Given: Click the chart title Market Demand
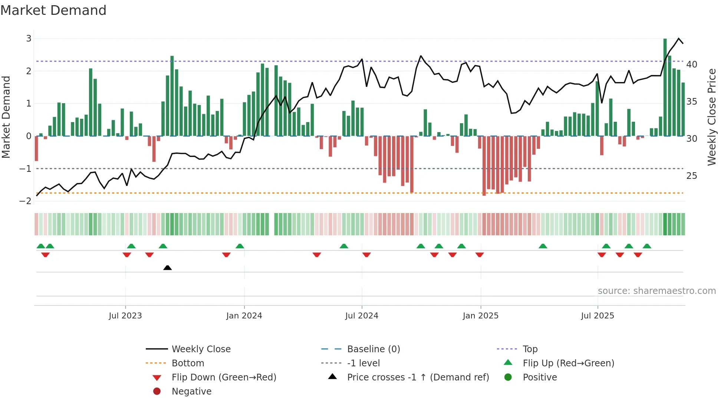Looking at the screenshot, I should click(x=53, y=10).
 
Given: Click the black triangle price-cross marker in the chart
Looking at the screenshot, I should click(x=167, y=268).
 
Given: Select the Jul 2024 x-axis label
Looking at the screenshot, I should click(x=361, y=316).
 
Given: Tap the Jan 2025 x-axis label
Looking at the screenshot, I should click(x=480, y=316).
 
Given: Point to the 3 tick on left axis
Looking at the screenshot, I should click(x=29, y=39).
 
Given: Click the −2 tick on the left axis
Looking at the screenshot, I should click(x=26, y=201).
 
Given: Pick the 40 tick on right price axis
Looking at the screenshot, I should click(x=691, y=65).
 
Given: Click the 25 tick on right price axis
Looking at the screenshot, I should click(x=691, y=176).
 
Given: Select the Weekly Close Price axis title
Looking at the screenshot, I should click(x=711, y=117).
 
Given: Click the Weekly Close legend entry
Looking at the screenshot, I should click(x=201, y=349).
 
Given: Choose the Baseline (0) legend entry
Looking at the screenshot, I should click(x=373, y=349).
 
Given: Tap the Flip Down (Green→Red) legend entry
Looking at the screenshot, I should click(x=224, y=377).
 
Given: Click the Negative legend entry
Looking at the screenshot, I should click(x=191, y=392).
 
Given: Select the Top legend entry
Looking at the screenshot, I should click(x=530, y=349).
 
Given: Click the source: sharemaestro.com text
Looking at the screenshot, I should click(x=657, y=291).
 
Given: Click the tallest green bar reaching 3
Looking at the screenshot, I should click(x=665, y=87).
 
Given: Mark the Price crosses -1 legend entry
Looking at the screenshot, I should click(x=418, y=377).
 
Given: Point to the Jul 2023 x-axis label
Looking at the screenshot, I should click(x=125, y=316).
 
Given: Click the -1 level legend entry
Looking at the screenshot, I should click(x=363, y=363).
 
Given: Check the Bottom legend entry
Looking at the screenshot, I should click(x=188, y=363).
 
